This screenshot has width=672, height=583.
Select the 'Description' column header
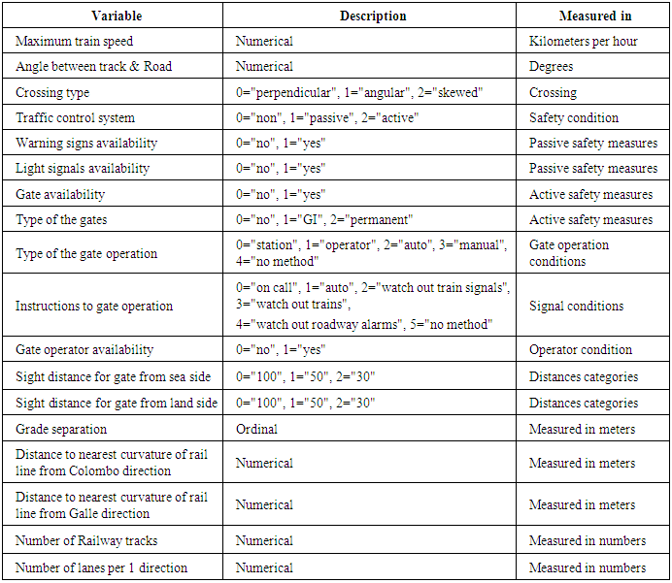tap(373, 16)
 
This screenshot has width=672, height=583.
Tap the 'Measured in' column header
tap(593, 16)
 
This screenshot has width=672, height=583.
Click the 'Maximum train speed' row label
tap(74, 42)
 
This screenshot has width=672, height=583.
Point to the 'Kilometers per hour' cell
tap(583, 42)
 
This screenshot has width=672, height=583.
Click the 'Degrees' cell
tap(551, 67)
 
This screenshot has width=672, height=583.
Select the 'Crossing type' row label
tap(52, 93)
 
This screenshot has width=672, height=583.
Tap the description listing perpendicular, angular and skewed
tap(359, 93)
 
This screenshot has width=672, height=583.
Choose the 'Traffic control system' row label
tap(75, 118)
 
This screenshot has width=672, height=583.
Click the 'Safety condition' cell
tap(574, 118)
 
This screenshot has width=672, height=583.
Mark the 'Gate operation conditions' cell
tap(569, 254)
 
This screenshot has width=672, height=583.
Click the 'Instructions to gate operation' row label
tap(93, 307)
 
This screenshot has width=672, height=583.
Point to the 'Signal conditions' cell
tap(576, 307)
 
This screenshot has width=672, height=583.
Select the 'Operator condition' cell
tap(581, 350)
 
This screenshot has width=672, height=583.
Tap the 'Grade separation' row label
tap(61, 429)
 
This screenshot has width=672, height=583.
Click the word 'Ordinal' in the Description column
tap(256, 429)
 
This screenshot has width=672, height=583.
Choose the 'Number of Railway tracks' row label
tap(86, 541)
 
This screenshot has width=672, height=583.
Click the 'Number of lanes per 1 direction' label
tap(101, 567)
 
